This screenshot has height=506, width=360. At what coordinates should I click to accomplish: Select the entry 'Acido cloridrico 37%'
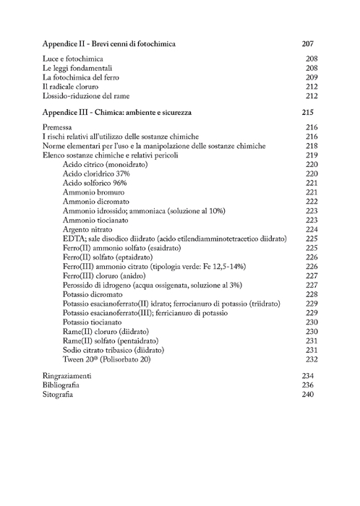(x=96, y=174)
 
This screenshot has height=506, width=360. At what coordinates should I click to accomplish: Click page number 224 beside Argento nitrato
(x=312, y=229)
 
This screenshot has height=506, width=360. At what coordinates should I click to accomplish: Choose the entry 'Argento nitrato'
(x=90, y=229)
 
